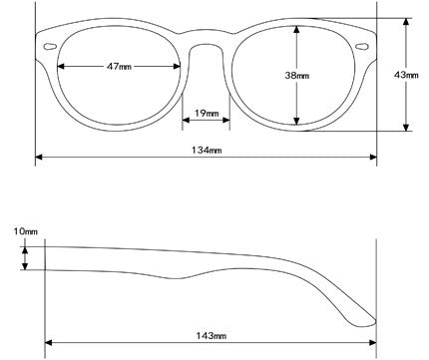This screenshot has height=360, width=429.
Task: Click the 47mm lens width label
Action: [x=118, y=66]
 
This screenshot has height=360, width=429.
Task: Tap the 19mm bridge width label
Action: [x=207, y=114]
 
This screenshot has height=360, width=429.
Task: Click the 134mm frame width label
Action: [x=207, y=150]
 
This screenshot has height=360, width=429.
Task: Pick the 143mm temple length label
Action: [x=209, y=336]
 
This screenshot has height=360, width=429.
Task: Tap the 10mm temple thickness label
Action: [x=26, y=231]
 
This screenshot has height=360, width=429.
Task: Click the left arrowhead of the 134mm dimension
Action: [x=39, y=157]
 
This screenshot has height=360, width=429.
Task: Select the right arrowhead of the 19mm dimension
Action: [x=227, y=122]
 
